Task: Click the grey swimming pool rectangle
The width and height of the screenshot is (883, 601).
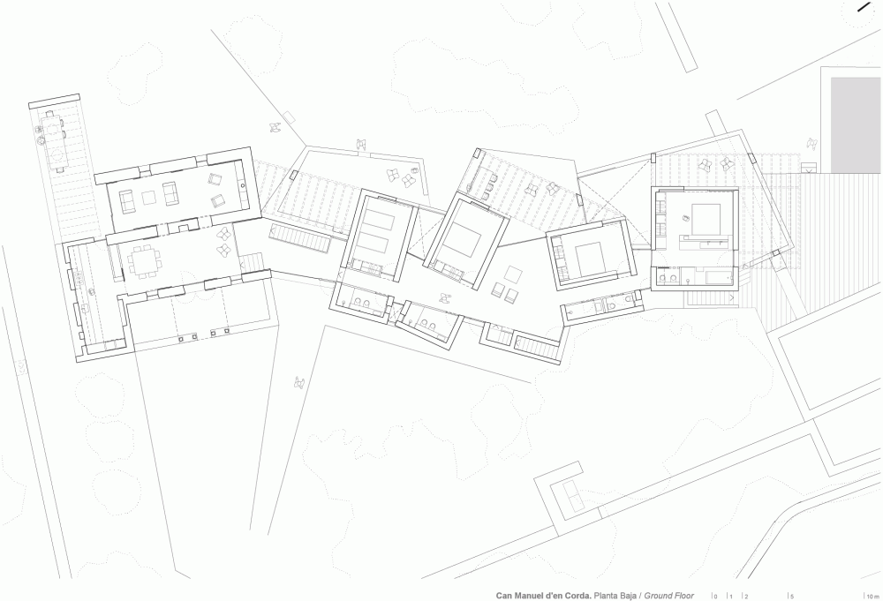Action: (x=856, y=125)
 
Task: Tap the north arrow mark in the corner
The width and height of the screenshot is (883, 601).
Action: (x=864, y=7)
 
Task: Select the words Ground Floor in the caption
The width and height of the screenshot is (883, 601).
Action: (x=669, y=596)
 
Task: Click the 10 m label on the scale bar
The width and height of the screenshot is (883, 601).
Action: (x=872, y=597)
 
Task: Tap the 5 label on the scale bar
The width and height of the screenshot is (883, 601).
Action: (x=792, y=597)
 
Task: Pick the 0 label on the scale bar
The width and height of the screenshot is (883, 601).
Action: (x=716, y=597)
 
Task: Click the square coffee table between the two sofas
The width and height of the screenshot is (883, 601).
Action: (x=148, y=198)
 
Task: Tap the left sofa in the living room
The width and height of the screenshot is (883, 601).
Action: (x=126, y=201)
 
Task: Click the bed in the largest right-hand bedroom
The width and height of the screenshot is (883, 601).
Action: (x=704, y=220)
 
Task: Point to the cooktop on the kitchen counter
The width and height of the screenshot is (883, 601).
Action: (x=79, y=276)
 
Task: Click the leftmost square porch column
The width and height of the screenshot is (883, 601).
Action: (x=181, y=340)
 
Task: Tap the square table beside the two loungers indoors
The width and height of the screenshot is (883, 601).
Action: (x=512, y=274)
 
